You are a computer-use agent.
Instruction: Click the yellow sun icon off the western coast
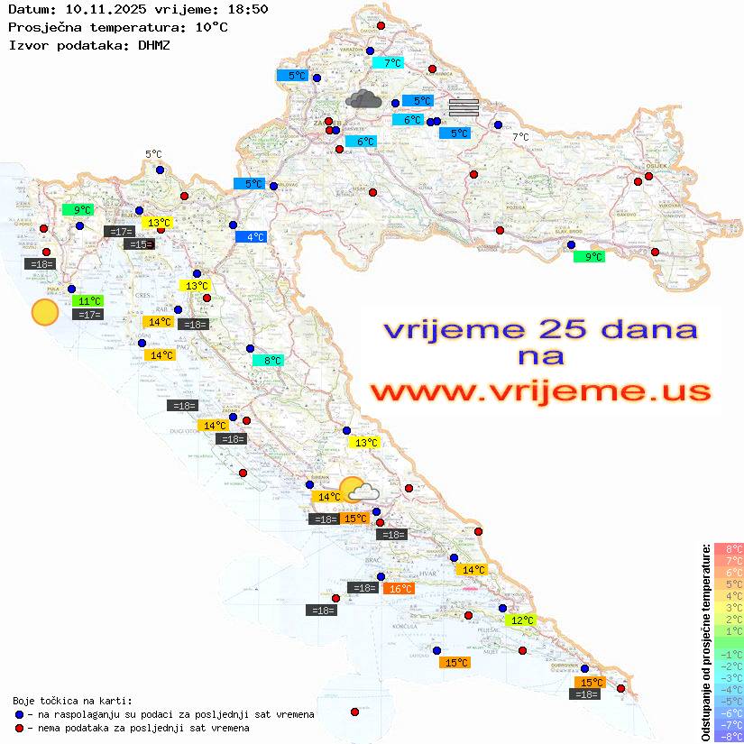tap(44, 312)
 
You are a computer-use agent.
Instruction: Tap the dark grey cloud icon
tap(363, 99)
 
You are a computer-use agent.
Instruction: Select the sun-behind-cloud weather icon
tap(359, 490)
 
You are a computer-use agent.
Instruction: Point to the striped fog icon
tap(464, 107)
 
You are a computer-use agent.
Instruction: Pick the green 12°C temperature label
tap(520, 620)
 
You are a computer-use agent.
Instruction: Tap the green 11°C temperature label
tap(88, 301)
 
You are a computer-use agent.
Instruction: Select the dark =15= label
tap(139, 244)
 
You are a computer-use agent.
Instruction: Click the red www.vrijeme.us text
tap(539, 392)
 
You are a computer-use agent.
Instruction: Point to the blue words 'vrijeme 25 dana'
tap(539, 330)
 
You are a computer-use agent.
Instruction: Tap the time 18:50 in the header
tap(246, 9)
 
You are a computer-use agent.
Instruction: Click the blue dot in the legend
tap(19, 714)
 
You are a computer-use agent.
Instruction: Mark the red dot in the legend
tap(19, 728)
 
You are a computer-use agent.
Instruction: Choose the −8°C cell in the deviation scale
tap(728, 737)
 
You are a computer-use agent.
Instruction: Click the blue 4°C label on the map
tap(251, 237)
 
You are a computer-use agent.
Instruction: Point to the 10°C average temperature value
tap(210, 27)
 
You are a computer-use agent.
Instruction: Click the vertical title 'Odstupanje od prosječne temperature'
tap(705, 641)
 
